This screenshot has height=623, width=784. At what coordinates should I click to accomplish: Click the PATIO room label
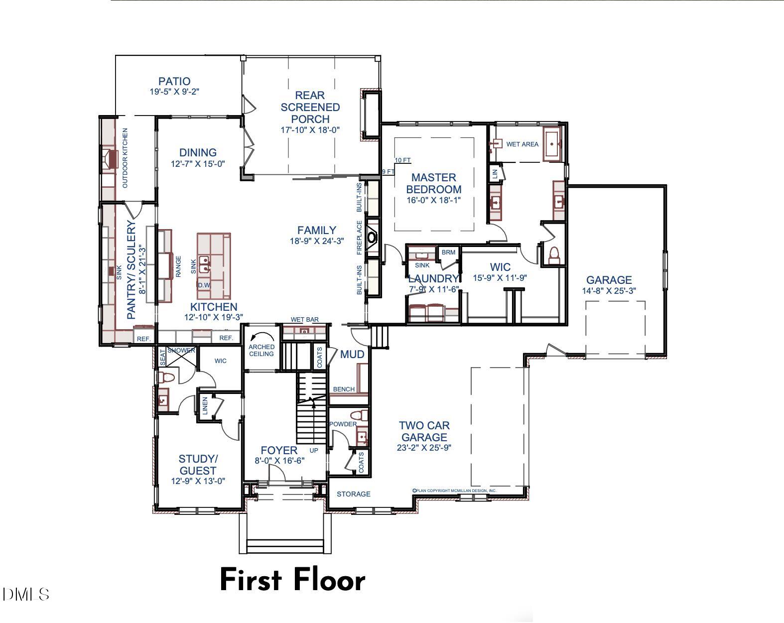(174, 81)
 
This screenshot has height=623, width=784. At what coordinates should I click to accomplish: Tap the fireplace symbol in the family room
(372, 237)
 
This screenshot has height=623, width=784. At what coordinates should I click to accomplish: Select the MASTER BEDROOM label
(433, 183)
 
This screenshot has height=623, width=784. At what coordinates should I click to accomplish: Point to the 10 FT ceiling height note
(402, 160)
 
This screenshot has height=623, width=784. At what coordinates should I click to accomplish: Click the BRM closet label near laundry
(448, 252)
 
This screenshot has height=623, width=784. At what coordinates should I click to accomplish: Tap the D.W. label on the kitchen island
(204, 285)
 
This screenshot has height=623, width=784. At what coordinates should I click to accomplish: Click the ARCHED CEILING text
(261, 350)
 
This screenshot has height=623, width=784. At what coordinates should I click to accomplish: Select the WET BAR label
(304, 320)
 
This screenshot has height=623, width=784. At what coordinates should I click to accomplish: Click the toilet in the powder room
(357, 415)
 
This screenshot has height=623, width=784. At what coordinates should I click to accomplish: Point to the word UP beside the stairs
(314, 451)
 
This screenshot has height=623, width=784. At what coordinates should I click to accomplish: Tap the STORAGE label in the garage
(353, 494)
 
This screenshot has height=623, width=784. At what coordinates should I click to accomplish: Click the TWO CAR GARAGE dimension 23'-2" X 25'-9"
(424, 447)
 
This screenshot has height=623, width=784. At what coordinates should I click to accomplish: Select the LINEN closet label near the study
(205, 406)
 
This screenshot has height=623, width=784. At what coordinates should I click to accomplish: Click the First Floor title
(292, 580)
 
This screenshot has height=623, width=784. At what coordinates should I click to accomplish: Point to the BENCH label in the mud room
(344, 389)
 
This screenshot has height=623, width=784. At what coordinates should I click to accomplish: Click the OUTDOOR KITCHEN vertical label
(125, 158)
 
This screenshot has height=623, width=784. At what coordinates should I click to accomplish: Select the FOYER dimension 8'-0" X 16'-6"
(279, 461)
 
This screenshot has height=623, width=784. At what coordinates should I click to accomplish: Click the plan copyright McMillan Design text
(454, 491)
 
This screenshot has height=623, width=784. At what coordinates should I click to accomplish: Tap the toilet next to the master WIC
(554, 254)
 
